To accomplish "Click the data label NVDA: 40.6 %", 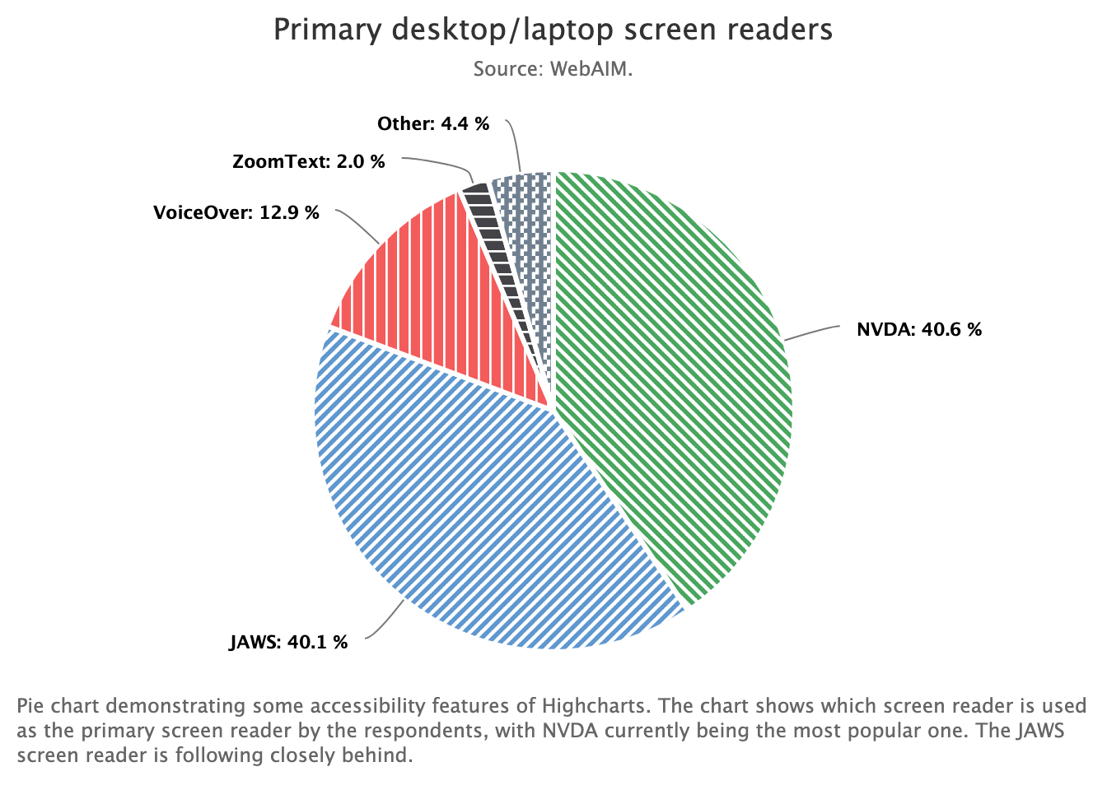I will point(919,330).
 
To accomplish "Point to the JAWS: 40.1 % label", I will point(288,642).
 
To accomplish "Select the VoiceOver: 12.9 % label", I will point(236,213).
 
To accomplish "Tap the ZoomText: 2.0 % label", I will point(309,161).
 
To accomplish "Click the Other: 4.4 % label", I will point(433,124).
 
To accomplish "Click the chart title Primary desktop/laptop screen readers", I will point(553,30).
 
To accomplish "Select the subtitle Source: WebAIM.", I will point(553,69).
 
